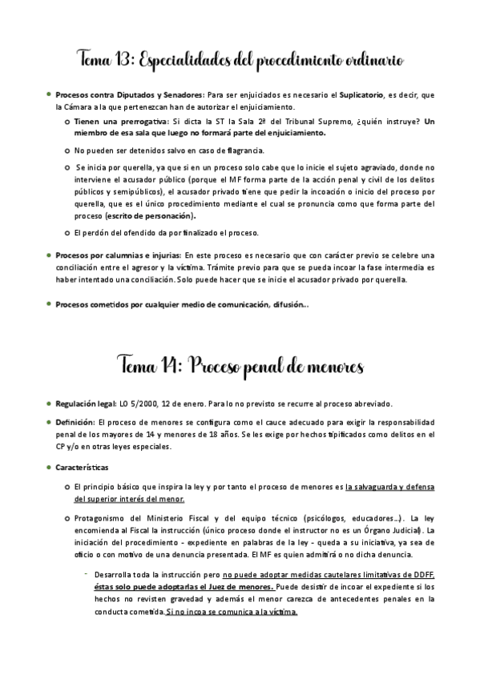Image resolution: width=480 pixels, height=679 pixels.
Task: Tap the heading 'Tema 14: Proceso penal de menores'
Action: point(240,368)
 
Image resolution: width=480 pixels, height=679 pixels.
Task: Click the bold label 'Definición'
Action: point(75,422)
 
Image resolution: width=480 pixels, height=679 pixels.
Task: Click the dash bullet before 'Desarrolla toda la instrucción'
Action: point(86,573)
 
